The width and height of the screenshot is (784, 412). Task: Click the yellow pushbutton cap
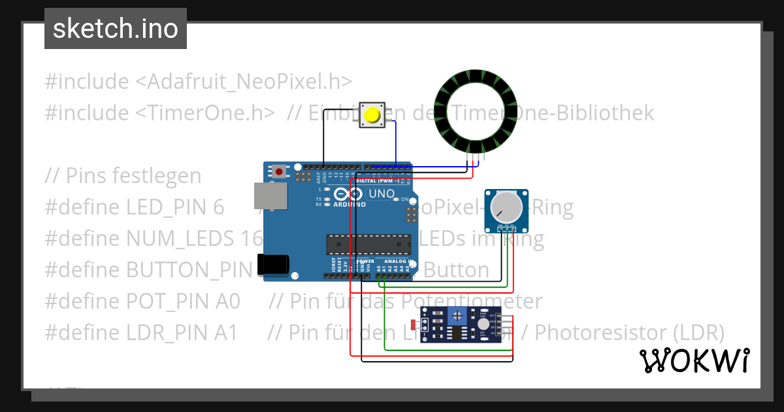(x=372, y=115)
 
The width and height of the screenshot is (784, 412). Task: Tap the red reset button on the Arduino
(x=280, y=171)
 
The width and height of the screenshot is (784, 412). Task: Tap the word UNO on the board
(x=382, y=194)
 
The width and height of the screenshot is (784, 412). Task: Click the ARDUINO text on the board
(x=349, y=204)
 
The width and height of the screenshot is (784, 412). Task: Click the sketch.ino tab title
(x=116, y=29)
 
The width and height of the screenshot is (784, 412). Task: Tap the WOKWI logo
(x=694, y=360)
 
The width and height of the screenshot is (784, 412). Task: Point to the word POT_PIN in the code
(x=183, y=301)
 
